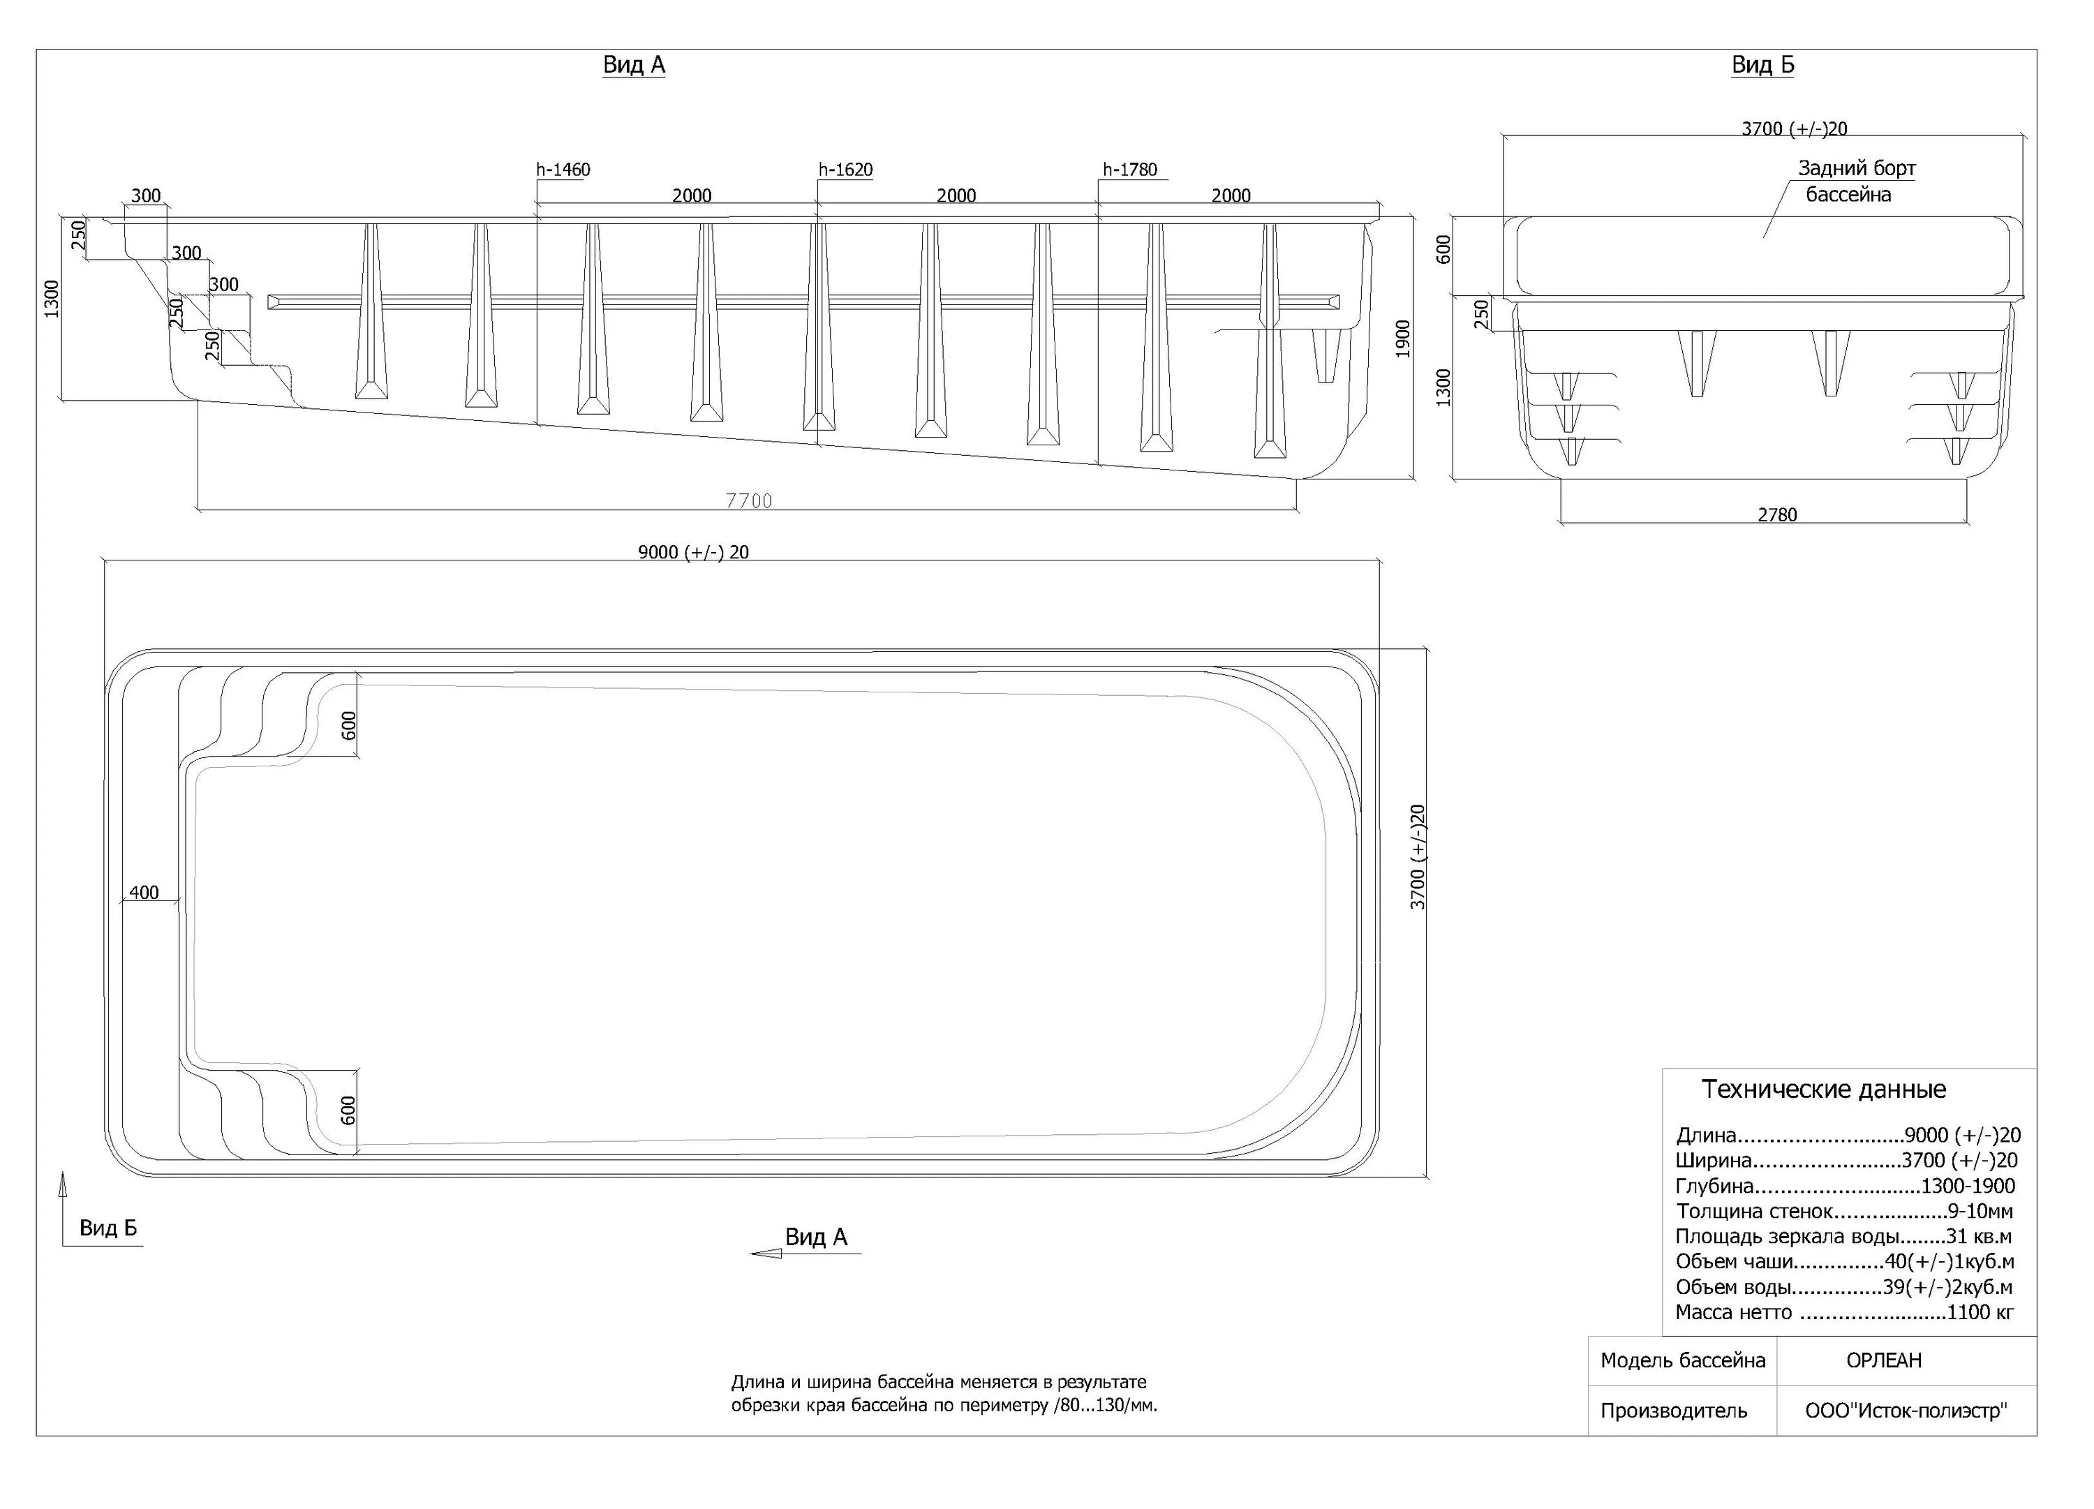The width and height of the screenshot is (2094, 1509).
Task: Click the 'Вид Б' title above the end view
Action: coord(1762,65)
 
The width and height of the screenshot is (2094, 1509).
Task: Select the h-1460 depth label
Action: coord(563,170)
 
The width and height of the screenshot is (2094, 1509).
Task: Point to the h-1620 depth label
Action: coord(845,170)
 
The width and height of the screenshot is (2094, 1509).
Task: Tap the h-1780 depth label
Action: coord(1129,170)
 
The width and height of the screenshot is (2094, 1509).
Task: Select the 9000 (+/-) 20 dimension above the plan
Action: coord(693,552)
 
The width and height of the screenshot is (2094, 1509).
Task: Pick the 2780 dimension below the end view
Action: coord(1776,515)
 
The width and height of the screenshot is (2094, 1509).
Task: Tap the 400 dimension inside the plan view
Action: coord(144,892)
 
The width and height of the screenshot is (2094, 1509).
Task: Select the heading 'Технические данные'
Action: coord(1823,1090)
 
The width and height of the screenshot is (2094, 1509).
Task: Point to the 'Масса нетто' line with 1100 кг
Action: coord(1844,1312)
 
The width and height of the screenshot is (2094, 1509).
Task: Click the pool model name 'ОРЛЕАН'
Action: coord(1883,1360)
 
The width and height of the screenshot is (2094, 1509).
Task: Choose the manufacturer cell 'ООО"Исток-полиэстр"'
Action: coord(1906,1411)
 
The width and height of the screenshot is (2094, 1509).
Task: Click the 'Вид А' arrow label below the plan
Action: coord(815,1237)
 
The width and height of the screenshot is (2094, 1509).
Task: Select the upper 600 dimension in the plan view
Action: coord(349,726)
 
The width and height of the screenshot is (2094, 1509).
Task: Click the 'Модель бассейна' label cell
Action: coord(1682,1360)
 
